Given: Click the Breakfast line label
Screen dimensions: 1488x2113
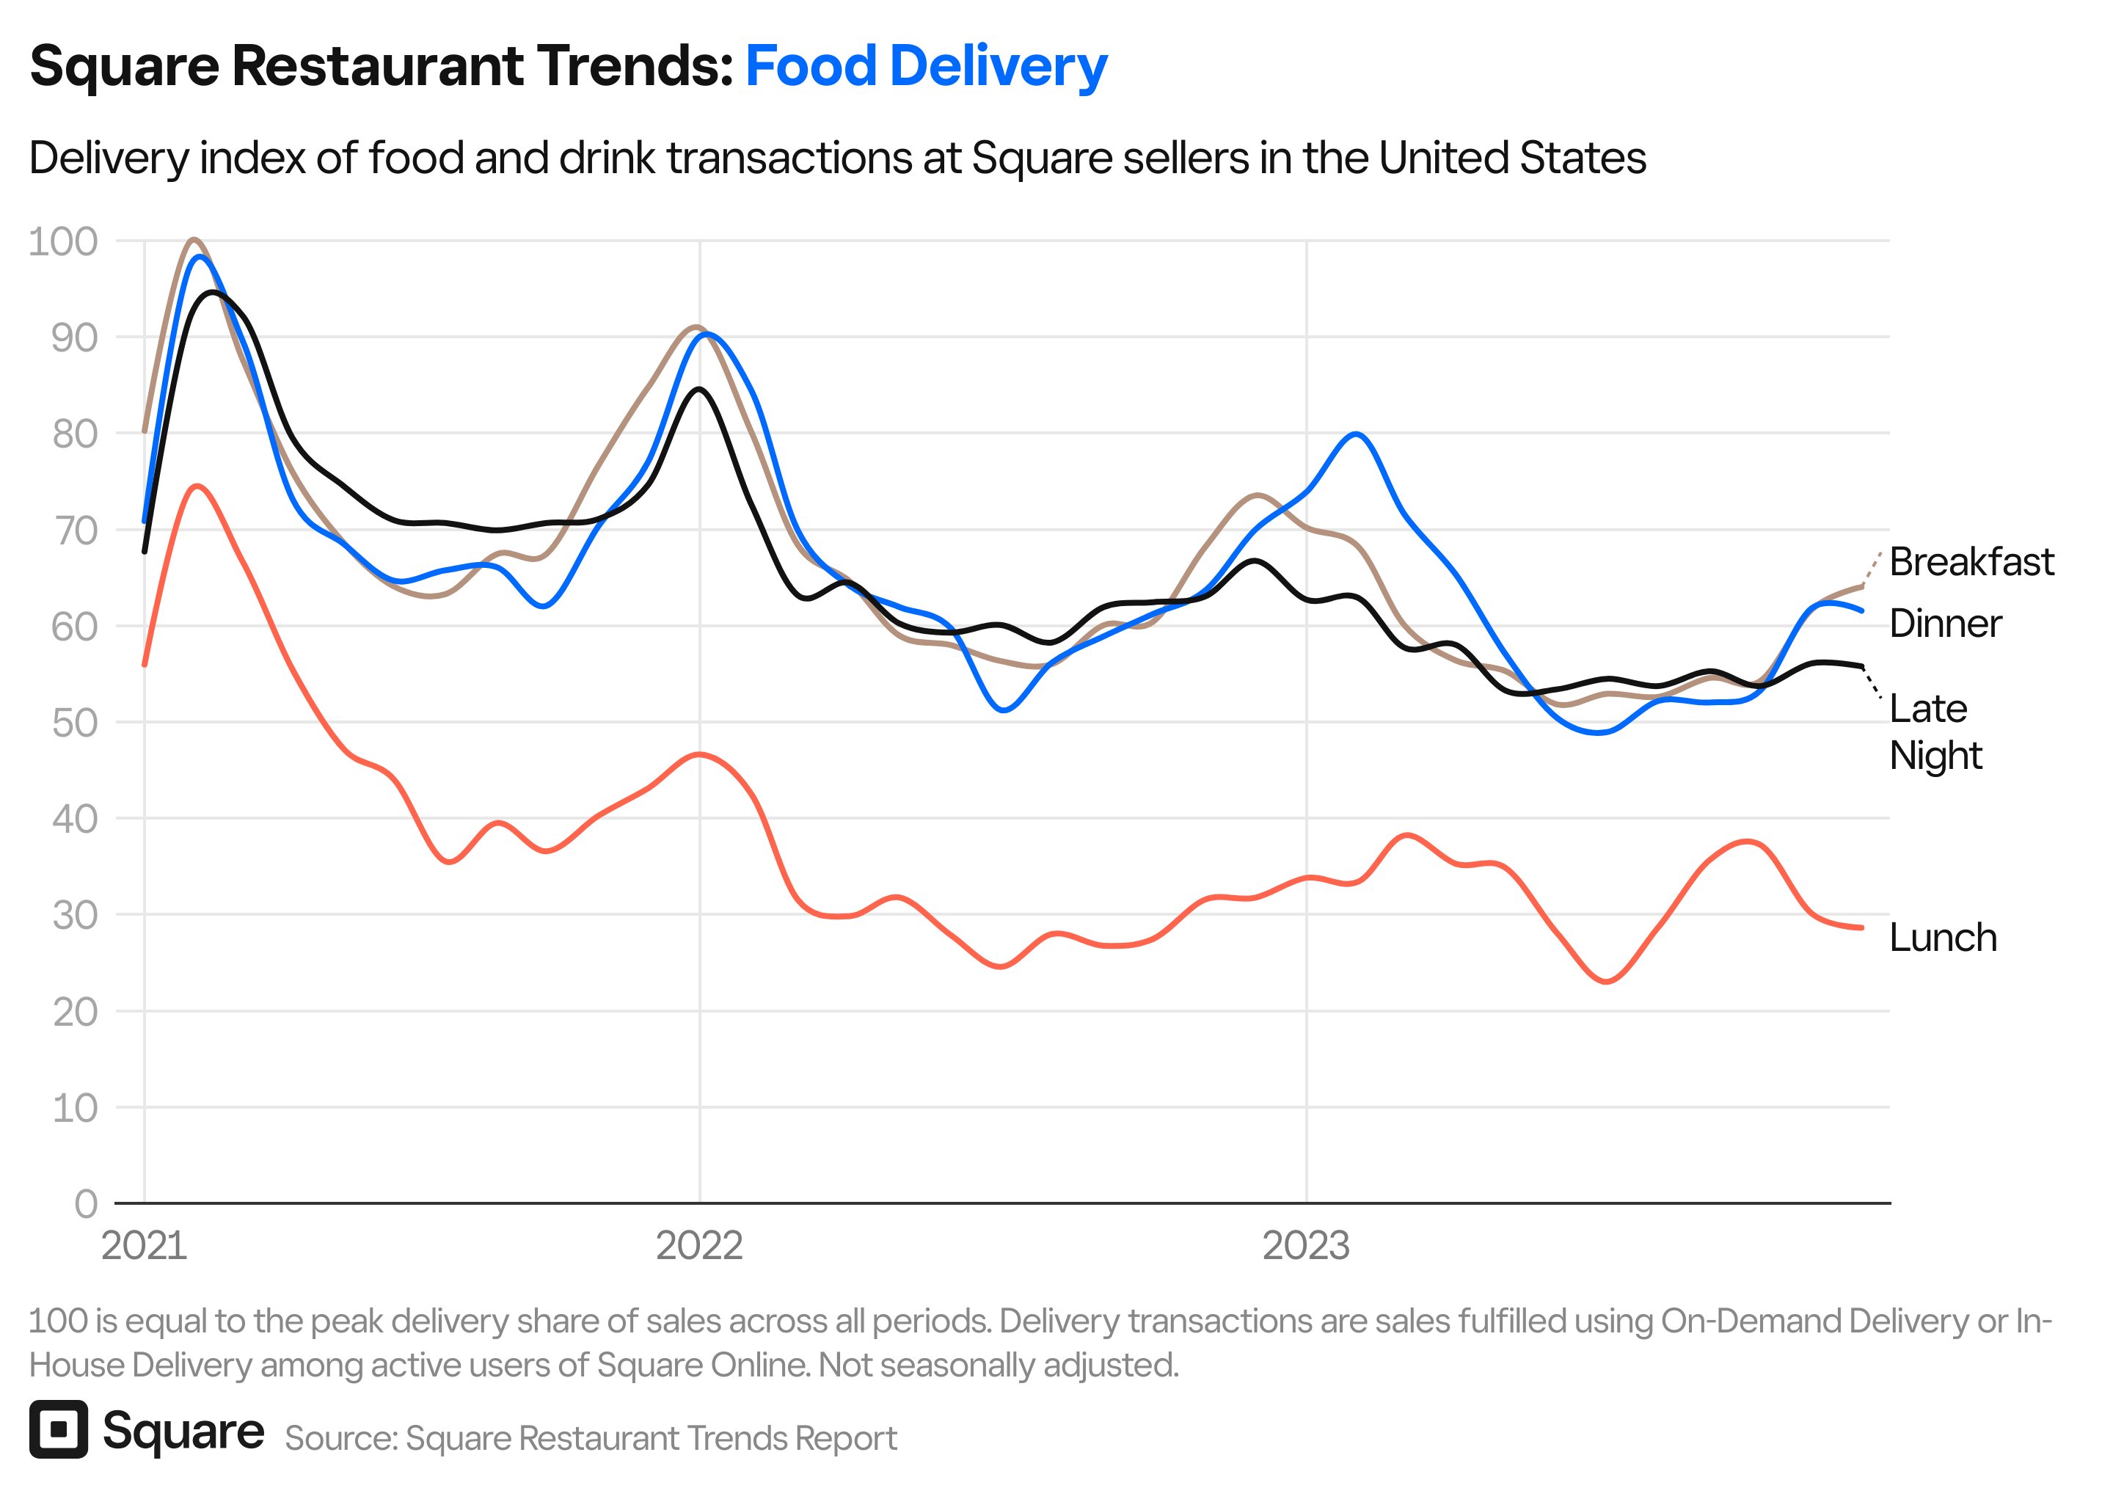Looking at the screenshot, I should coord(1971,562).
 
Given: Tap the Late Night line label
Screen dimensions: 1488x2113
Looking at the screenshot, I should coord(1935,732).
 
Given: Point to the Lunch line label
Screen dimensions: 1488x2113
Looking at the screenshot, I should coord(1942,938).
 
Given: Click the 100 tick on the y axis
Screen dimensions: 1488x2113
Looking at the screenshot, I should coord(62,242).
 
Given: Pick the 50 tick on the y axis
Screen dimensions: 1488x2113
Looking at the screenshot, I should coord(73,723).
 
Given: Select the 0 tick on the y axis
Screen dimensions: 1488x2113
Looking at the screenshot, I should coord(86,1203).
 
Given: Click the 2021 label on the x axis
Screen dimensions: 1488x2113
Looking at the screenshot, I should coord(144,1246).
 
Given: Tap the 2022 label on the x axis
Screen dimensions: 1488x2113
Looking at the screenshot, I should coord(698,1246).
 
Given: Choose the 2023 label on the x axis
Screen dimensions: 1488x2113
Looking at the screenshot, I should coord(1305,1246).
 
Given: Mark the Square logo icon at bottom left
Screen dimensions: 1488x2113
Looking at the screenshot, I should coord(58,1429).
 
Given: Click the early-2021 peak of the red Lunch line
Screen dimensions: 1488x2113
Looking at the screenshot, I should coord(197,486).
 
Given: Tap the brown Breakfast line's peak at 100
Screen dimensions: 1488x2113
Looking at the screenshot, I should coord(193,239).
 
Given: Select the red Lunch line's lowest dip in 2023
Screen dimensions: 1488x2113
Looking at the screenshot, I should coord(1607,982).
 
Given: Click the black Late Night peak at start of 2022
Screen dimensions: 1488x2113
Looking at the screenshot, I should coord(698,390).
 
